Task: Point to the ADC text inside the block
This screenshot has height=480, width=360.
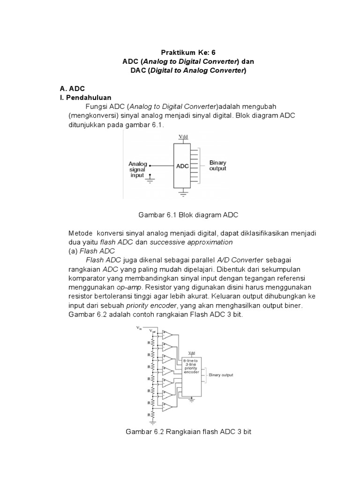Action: tap(182, 166)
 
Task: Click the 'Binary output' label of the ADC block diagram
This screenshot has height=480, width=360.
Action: tap(217, 166)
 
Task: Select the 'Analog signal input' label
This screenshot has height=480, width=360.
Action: tap(138, 169)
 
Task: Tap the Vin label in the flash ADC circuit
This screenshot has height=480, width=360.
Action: tap(139, 328)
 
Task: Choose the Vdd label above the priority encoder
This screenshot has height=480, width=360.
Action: tap(192, 353)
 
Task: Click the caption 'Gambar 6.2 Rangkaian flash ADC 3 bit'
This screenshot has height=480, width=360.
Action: tap(188, 431)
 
